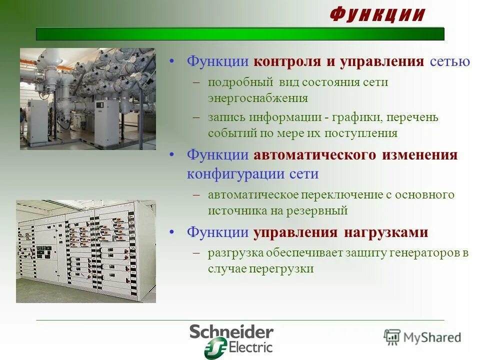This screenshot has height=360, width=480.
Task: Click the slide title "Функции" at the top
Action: point(377,15)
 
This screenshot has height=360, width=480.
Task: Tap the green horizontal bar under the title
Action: point(240,34)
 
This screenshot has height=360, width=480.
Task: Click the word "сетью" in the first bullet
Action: point(449,62)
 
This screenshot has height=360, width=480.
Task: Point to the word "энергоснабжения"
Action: point(258,98)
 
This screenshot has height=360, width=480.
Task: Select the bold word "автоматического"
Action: point(314,155)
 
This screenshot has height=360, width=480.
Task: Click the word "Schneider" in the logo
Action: point(231,332)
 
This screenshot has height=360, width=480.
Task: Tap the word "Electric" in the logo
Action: point(250,346)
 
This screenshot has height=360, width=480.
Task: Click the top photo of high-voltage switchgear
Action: point(87,99)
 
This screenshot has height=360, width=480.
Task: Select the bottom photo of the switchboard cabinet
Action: point(86,251)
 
